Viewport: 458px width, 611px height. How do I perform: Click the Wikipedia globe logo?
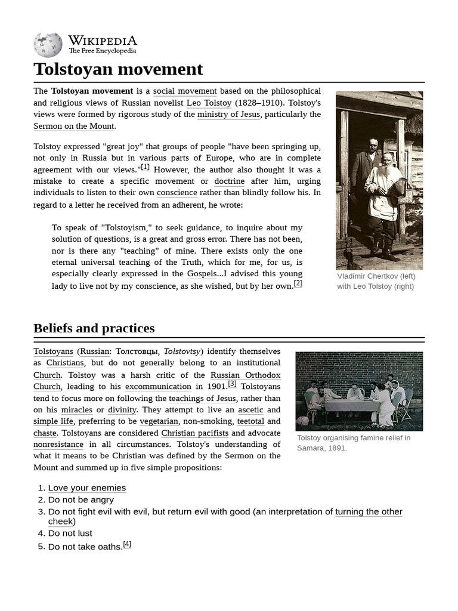point(48,45)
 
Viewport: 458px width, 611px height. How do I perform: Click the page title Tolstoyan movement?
point(118,69)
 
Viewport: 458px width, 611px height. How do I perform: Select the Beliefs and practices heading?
point(94,328)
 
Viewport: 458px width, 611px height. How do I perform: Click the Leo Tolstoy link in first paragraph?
point(209,103)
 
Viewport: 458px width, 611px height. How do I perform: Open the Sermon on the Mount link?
point(74,126)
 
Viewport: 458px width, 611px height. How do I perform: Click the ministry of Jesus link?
point(228,114)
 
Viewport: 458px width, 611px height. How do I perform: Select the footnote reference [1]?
point(145,168)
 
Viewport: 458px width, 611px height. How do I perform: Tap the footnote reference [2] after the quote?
point(298,283)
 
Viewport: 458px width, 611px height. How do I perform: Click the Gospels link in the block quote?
point(202,273)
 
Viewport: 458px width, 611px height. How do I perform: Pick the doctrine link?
point(229,181)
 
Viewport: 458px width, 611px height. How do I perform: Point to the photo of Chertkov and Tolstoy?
point(379,180)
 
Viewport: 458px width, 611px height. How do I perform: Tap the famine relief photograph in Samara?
point(359,391)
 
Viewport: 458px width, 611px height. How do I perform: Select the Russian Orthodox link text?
point(245,375)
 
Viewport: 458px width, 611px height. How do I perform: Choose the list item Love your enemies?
point(87,488)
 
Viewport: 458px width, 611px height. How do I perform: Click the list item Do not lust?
point(70,533)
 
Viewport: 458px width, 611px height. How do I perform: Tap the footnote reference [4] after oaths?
point(126,544)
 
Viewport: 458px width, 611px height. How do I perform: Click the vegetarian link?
point(159,421)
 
